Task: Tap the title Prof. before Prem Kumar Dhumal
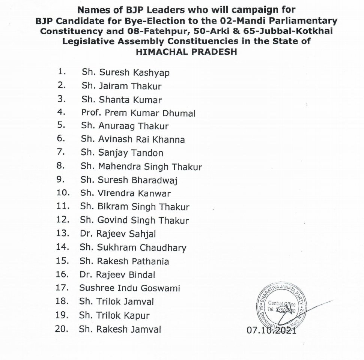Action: point(90,112)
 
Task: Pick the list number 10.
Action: point(63,193)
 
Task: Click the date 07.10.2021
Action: point(271,330)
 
